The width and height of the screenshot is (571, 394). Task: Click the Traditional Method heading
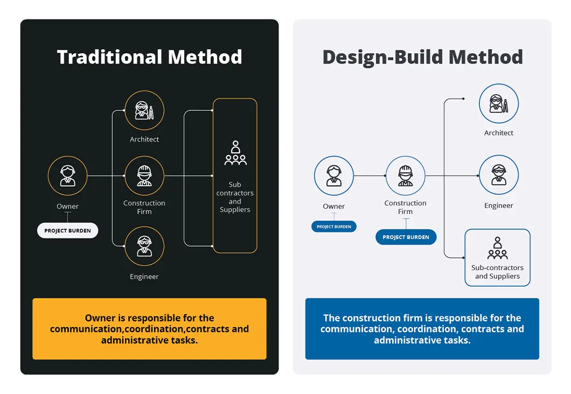[x=149, y=57]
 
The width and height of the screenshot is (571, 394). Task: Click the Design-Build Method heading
[x=422, y=57]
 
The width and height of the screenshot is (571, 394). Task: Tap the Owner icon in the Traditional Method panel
[x=67, y=176]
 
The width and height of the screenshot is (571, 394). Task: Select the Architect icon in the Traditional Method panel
[x=144, y=110]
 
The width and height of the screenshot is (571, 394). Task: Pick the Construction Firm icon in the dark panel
[x=144, y=176]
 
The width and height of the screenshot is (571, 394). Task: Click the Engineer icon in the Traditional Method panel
[x=144, y=247]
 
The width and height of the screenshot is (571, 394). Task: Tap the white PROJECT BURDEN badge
[x=67, y=231]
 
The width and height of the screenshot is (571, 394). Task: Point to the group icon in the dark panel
[x=235, y=153]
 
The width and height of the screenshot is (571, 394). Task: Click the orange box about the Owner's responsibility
[x=149, y=329]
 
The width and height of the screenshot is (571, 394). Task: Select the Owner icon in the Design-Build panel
[x=334, y=176]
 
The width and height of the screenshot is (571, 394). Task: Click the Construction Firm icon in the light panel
[x=406, y=176]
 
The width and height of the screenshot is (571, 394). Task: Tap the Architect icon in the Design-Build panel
[x=499, y=103]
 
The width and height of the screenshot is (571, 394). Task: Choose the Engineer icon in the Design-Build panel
[x=499, y=175]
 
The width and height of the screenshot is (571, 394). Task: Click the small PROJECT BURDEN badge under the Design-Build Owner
[x=334, y=227]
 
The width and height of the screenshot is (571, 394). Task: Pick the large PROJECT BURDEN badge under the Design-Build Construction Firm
[x=406, y=237]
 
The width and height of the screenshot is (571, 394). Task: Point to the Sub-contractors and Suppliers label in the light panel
[x=497, y=272]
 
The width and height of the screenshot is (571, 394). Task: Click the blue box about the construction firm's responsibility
[x=422, y=329]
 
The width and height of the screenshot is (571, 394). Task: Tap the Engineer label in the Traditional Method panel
[x=144, y=277]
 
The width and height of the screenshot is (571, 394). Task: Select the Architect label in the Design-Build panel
[x=499, y=133]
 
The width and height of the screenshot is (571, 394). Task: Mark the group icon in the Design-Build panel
[x=497, y=248]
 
